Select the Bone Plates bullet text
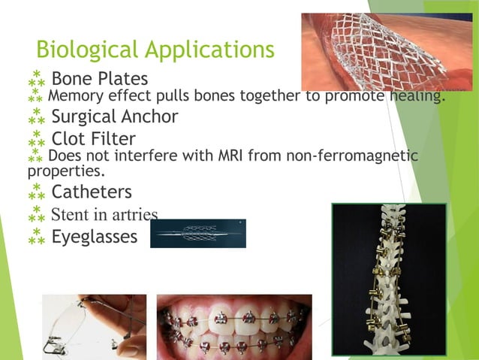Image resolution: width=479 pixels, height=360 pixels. (x=99, y=78)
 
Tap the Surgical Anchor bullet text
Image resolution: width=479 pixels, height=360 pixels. (x=114, y=116)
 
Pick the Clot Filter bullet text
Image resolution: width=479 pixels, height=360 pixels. (x=93, y=139)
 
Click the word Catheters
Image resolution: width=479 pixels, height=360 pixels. (x=91, y=192)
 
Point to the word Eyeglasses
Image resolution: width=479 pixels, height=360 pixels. (x=94, y=237)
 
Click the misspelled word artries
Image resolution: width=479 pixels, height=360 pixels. (x=135, y=215)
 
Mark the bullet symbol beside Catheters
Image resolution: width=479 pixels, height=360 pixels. (x=36, y=193)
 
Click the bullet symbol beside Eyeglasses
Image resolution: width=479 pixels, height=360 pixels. (x=36, y=237)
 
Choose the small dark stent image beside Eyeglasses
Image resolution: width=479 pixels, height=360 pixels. (x=197, y=233)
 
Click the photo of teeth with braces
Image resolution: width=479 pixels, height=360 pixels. (x=233, y=326)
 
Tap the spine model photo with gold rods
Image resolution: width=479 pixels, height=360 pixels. (x=388, y=278)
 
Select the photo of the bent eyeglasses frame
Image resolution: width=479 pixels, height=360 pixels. (x=94, y=326)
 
